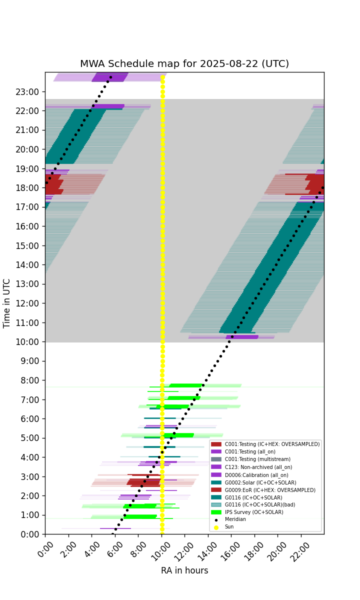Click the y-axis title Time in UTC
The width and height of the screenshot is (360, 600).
[x=6, y=303]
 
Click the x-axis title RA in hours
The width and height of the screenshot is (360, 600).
[x=184, y=570]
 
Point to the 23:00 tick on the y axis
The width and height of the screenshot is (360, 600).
[x=27, y=92]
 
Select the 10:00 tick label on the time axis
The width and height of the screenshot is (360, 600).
[x=27, y=342]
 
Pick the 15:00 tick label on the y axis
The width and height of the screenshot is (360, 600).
[x=27, y=245]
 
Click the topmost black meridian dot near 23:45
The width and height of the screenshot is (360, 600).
[x=110, y=77]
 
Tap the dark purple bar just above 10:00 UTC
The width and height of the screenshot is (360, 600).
[x=242, y=337]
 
